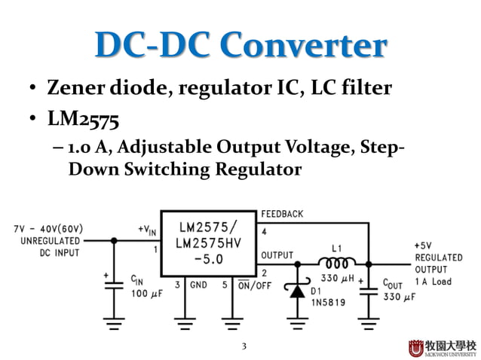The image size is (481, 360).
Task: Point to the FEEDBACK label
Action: coord(282,215)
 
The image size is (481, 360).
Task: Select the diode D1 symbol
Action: coord(298,289)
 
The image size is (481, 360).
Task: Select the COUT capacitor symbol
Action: coord(369,289)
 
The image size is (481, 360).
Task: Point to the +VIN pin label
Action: coord(147,229)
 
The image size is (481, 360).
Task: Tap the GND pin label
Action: coord(197,285)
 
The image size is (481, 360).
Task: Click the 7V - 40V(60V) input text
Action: coord(47,228)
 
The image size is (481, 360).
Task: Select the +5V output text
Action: coord(424,246)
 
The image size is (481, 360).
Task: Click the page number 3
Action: coord(244,346)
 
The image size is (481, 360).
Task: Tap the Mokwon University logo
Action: coord(442,347)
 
